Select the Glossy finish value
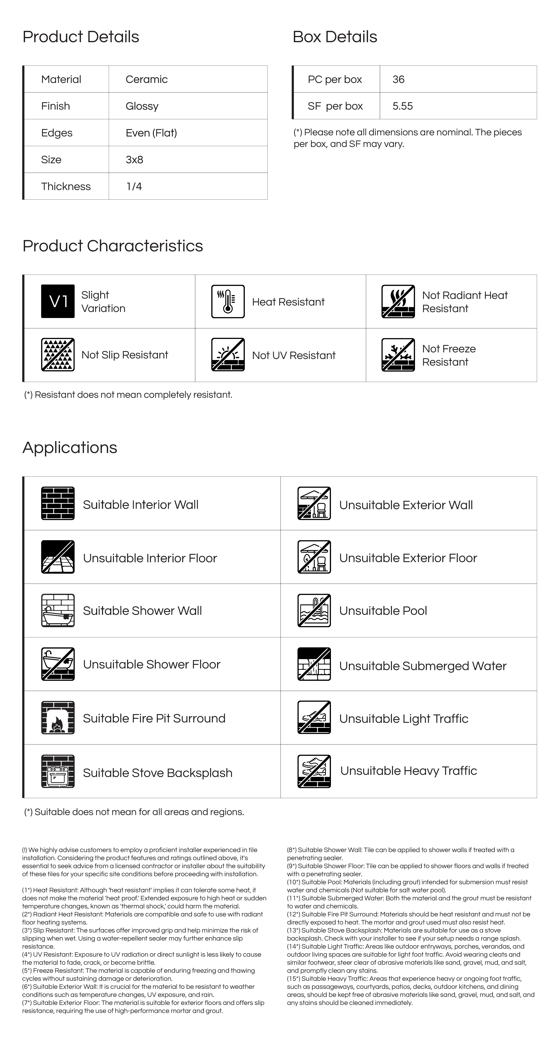[x=142, y=106]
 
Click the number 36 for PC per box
[x=398, y=79]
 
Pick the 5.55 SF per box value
[x=402, y=106]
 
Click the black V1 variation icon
[x=58, y=301]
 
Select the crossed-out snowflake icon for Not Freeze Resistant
[x=398, y=355]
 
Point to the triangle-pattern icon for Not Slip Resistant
[x=58, y=355]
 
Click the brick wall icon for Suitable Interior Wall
[x=58, y=503]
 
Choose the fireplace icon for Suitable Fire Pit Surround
[x=58, y=717]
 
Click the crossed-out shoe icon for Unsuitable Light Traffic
[x=314, y=717]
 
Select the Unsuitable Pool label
[x=383, y=611]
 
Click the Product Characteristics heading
[x=113, y=246]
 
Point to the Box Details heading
[x=335, y=37]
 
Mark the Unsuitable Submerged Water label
[x=423, y=666]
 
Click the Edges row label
[x=57, y=133]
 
